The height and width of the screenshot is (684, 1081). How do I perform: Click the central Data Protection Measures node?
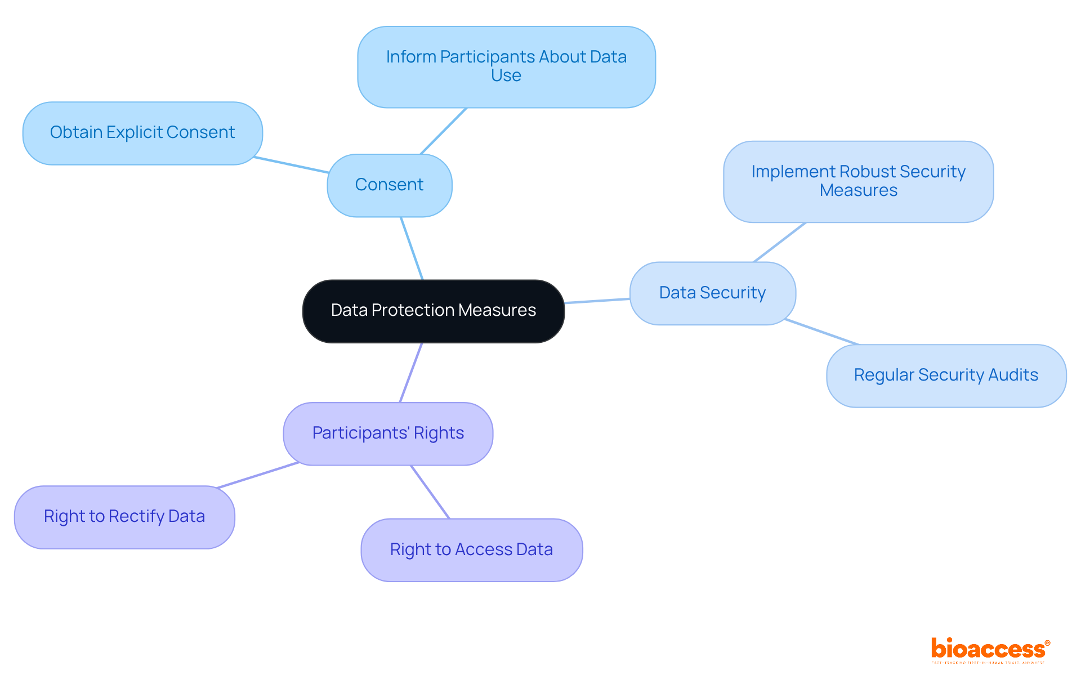[434, 311]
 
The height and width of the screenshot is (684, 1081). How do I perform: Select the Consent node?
[390, 185]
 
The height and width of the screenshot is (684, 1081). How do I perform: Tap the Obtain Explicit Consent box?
[142, 133]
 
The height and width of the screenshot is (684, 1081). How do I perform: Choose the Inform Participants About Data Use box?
[506, 66]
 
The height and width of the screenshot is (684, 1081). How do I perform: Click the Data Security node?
[712, 293]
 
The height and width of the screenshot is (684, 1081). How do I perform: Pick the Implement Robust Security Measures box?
[858, 181]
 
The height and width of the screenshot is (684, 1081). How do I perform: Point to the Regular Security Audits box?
[946, 375]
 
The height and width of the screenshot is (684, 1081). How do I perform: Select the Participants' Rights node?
[388, 433]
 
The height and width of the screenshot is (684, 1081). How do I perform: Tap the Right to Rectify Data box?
[124, 517]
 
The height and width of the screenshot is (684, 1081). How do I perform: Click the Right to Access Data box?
[471, 550]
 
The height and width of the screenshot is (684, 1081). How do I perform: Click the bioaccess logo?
[990, 650]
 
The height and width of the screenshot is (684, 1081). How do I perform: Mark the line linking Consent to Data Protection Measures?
[412, 248]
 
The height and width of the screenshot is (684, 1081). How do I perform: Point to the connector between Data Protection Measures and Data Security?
[597, 301]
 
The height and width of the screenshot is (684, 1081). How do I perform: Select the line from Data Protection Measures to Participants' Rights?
[411, 373]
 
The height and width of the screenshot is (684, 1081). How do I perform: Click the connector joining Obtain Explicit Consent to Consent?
[291, 165]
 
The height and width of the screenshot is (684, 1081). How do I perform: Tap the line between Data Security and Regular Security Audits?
[821, 332]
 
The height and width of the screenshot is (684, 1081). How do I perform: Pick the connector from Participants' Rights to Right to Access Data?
[430, 492]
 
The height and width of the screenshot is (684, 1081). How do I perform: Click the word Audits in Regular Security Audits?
[1013, 375]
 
